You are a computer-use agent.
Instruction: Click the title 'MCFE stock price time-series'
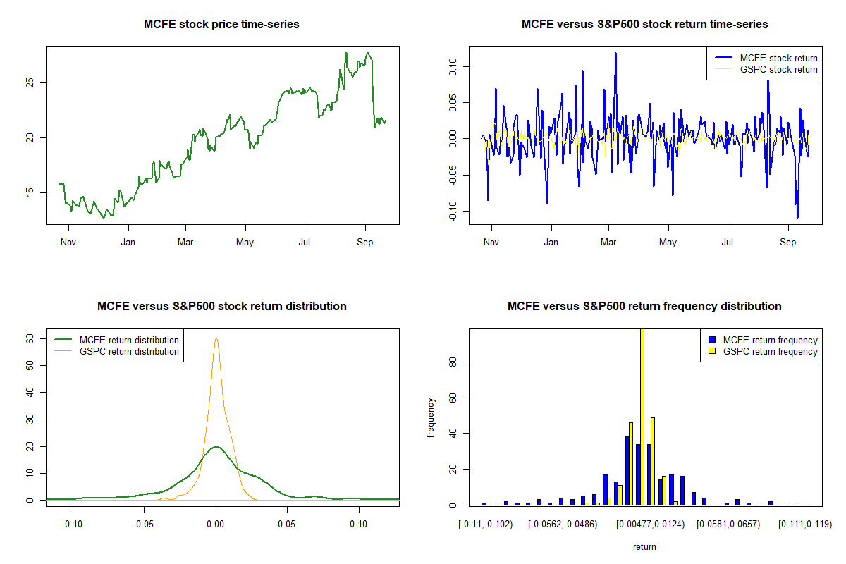tap(221, 25)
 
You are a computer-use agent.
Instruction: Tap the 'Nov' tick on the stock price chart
tap(68, 243)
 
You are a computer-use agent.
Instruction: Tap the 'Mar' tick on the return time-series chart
tap(608, 243)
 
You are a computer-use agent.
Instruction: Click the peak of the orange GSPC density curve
tap(216, 338)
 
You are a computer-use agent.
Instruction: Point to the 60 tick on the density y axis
tap(30, 339)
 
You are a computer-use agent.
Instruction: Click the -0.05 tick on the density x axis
tap(144, 525)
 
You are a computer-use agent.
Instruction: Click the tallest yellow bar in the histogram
tap(642, 416)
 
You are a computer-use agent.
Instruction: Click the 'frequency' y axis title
tap(431, 417)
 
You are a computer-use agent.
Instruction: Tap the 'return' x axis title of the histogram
tap(644, 547)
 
